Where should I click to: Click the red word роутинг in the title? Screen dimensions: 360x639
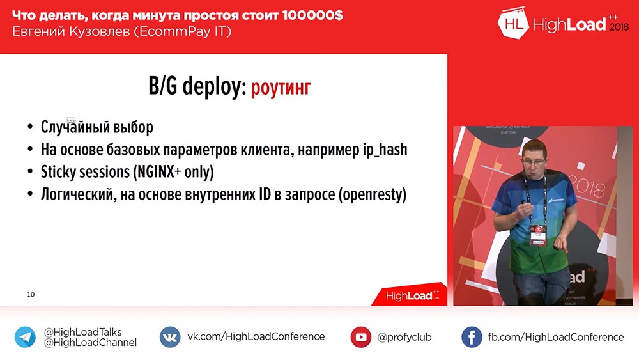[x=281, y=87]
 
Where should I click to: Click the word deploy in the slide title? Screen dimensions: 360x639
[x=212, y=88]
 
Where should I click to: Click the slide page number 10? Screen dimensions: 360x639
[x=31, y=295]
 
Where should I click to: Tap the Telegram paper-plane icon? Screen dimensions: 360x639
[x=26, y=337]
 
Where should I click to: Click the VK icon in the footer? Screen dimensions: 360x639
[x=169, y=337]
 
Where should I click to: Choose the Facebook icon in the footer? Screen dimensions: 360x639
[x=472, y=337]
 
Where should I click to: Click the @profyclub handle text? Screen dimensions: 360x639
[x=404, y=337]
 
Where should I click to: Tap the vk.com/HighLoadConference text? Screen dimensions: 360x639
[x=256, y=336]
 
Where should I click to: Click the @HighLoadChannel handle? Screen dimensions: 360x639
[x=90, y=343]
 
